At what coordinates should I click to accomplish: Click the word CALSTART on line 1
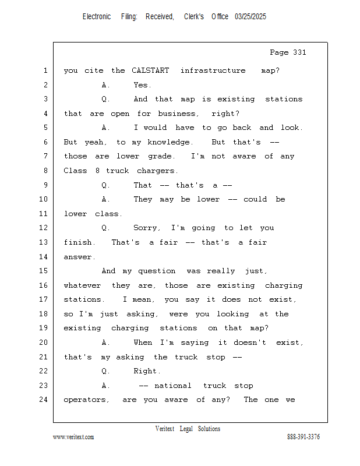[x=150, y=70]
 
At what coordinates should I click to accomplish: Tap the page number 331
[x=299, y=52]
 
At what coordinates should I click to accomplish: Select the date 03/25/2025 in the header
[x=250, y=17]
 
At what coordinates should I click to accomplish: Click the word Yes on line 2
[x=142, y=85]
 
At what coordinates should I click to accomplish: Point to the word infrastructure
[x=213, y=70]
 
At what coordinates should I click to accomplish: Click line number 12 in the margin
[x=44, y=228]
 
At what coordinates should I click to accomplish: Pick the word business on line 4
[x=177, y=114]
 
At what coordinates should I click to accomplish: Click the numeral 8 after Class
[x=97, y=171]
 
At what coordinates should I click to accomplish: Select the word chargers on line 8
[x=157, y=171]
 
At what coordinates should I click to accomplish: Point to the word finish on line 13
[x=79, y=242]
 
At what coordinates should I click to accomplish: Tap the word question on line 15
[x=157, y=271]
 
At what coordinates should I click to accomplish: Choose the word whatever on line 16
[x=82, y=285]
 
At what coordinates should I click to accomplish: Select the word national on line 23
[x=172, y=386]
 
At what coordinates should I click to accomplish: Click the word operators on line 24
[x=86, y=400]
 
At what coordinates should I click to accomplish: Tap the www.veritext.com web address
[x=73, y=437]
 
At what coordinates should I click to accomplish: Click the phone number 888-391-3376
[x=303, y=436]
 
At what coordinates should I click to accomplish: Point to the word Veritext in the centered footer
[x=165, y=429]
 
